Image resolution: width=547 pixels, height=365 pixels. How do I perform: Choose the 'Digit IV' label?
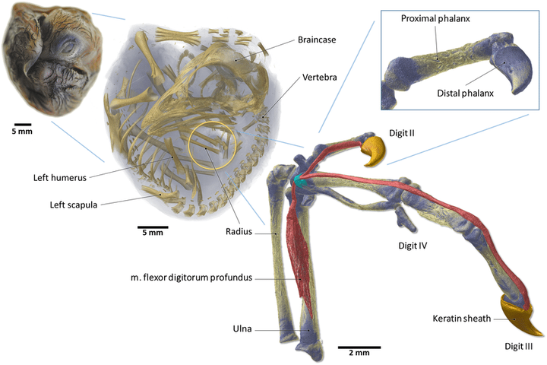pos(416,246)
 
